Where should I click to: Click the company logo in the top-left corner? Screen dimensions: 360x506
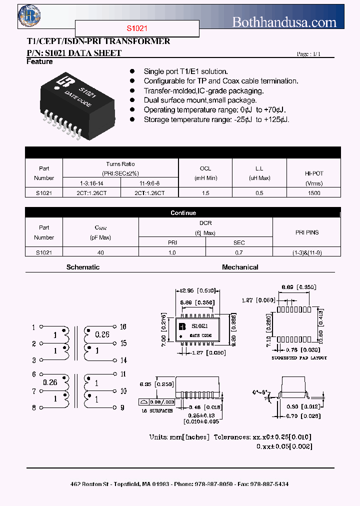pyautogui.click(x=29, y=15)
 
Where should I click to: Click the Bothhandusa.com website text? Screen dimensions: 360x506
pyautogui.click(x=284, y=21)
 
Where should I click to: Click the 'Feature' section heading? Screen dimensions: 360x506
pyautogui.click(x=39, y=61)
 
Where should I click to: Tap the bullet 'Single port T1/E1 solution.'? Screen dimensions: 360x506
pyautogui.click(x=185, y=71)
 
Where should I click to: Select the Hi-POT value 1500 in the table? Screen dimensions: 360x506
pyautogui.click(x=314, y=192)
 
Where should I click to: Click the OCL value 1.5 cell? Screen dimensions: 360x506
pyautogui.click(x=205, y=192)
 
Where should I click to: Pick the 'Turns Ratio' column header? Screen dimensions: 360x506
pyautogui.click(x=120, y=164)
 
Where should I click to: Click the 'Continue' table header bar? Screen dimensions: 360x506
pyautogui.click(x=183, y=212)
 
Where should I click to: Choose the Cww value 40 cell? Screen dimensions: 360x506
pyautogui.click(x=100, y=252)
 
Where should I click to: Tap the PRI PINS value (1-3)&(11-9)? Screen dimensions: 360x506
pyautogui.click(x=307, y=252)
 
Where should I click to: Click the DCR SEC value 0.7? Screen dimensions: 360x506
pyautogui.click(x=239, y=252)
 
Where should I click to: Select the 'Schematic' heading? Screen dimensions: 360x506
pyautogui.click(x=83, y=267)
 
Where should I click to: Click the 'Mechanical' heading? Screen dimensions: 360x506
pyautogui.click(x=240, y=267)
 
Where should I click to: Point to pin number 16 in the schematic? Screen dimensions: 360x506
pyautogui.click(x=123, y=326)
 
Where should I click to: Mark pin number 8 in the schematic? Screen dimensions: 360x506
pyautogui.click(x=34, y=407)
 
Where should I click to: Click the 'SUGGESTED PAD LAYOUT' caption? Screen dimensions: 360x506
pyautogui.click(x=299, y=358)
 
